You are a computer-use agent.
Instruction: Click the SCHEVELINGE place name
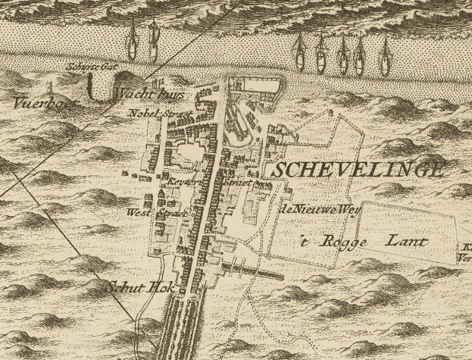tap(355, 171)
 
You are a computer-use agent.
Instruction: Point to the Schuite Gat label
tap(90, 67)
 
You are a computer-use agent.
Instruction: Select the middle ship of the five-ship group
tap(343, 57)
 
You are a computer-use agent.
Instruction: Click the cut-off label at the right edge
tap(465, 252)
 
